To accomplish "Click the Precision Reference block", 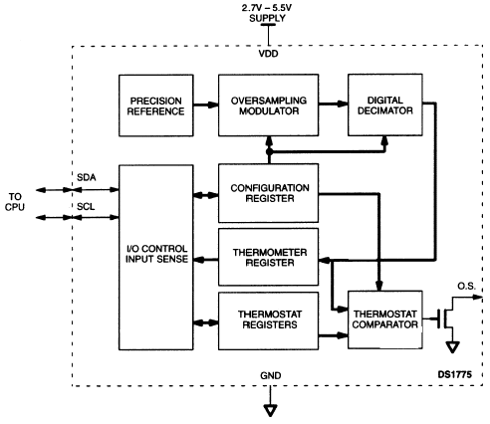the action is pyautogui.click(x=156, y=106).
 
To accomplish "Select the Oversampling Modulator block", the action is pyautogui.click(x=268, y=106).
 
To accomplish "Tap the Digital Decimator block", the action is pyautogui.click(x=385, y=105).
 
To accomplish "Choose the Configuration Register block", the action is pyautogui.click(x=268, y=193).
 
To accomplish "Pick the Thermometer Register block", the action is pyautogui.click(x=268, y=257).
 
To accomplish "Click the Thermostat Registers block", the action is pyautogui.click(x=268, y=320).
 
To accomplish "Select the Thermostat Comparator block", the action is pyautogui.click(x=385, y=319).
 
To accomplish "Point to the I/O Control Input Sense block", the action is pyautogui.click(x=156, y=257).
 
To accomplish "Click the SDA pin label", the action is pyautogui.click(x=87, y=177).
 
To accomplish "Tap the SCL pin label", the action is pyautogui.click(x=86, y=207).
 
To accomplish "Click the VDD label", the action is pyautogui.click(x=269, y=54).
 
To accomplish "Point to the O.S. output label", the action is pyautogui.click(x=466, y=286).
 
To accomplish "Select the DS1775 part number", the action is pyautogui.click(x=455, y=374).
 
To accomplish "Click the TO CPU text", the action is pyautogui.click(x=15, y=202).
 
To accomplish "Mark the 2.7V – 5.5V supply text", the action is pyautogui.click(x=267, y=13).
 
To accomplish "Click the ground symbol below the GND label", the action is pyautogui.click(x=270, y=410).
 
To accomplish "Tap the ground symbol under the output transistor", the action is pyautogui.click(x=452, y=347).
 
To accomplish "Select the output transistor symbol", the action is pyautogui.click(x=446, y=318).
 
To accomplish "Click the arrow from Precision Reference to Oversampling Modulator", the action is pyautogui.click(x=206, y=105).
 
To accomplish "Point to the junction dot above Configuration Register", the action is pyautogui.click(x=269, y=152).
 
